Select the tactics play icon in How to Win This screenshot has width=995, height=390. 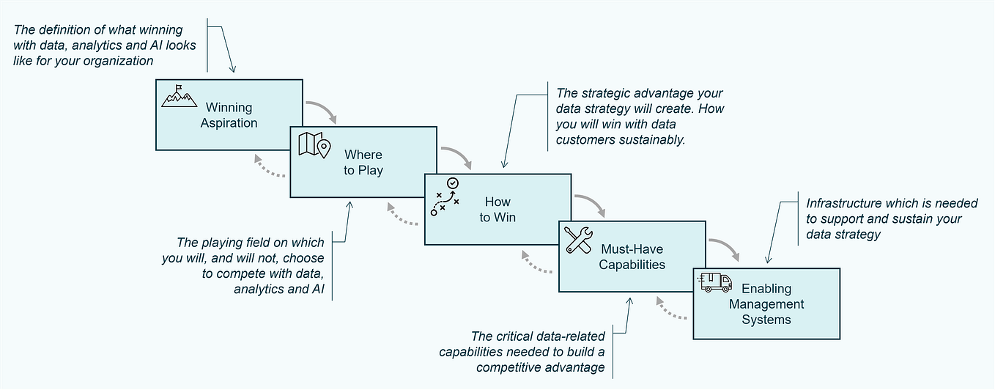(x=445, y=196)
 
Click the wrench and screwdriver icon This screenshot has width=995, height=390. (x=579, y=240)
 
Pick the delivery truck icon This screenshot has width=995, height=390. (x=715, y=282)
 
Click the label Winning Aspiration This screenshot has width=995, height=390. (x=229, y=115)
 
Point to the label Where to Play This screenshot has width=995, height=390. (x=363, y=163)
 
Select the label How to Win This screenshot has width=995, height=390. (x=497, y=209)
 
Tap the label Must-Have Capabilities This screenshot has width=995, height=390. (x=632, y=257)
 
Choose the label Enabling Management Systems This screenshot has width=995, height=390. (x=766, y=304)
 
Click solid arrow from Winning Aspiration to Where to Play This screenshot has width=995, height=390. (x=322, y=111)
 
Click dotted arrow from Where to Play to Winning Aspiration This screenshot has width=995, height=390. (x=268, y=169)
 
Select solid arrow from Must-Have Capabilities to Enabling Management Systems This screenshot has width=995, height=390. (x=725, y=249)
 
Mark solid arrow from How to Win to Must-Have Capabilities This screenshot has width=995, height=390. (x=591, y=205)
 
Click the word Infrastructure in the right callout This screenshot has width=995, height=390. (x=840, y=203)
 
